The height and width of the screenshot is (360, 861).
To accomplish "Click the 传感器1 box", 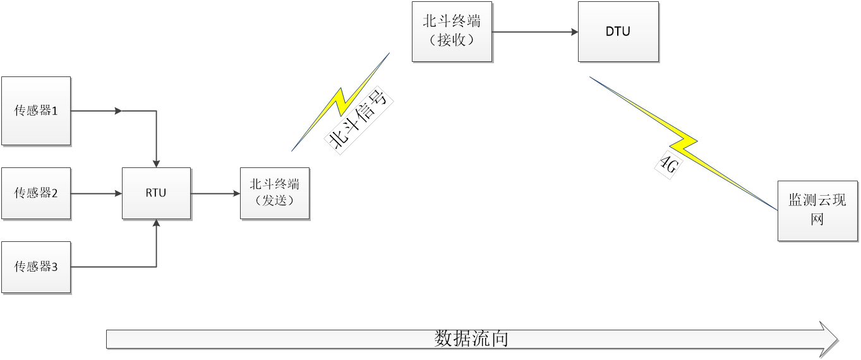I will [36, 111].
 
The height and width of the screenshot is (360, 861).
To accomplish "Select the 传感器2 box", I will [36, 193].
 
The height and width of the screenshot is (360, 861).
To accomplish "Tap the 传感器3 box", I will [36, 267].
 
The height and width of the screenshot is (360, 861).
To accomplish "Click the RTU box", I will [156, 193].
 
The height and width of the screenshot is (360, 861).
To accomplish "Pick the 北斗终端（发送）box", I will [275, 193].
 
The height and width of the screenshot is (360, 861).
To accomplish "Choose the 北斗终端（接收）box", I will [452, 31].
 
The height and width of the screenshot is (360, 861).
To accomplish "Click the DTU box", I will [618, 31].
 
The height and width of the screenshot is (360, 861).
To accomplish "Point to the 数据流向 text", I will [471, 339].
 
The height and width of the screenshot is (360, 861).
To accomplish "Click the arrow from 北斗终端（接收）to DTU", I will [535, 31].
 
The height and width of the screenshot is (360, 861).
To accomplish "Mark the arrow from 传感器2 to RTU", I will [96, 193].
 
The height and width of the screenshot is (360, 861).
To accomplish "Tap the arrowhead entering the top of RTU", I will [156, 164].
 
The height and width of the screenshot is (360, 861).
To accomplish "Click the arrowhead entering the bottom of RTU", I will [156, 224].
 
